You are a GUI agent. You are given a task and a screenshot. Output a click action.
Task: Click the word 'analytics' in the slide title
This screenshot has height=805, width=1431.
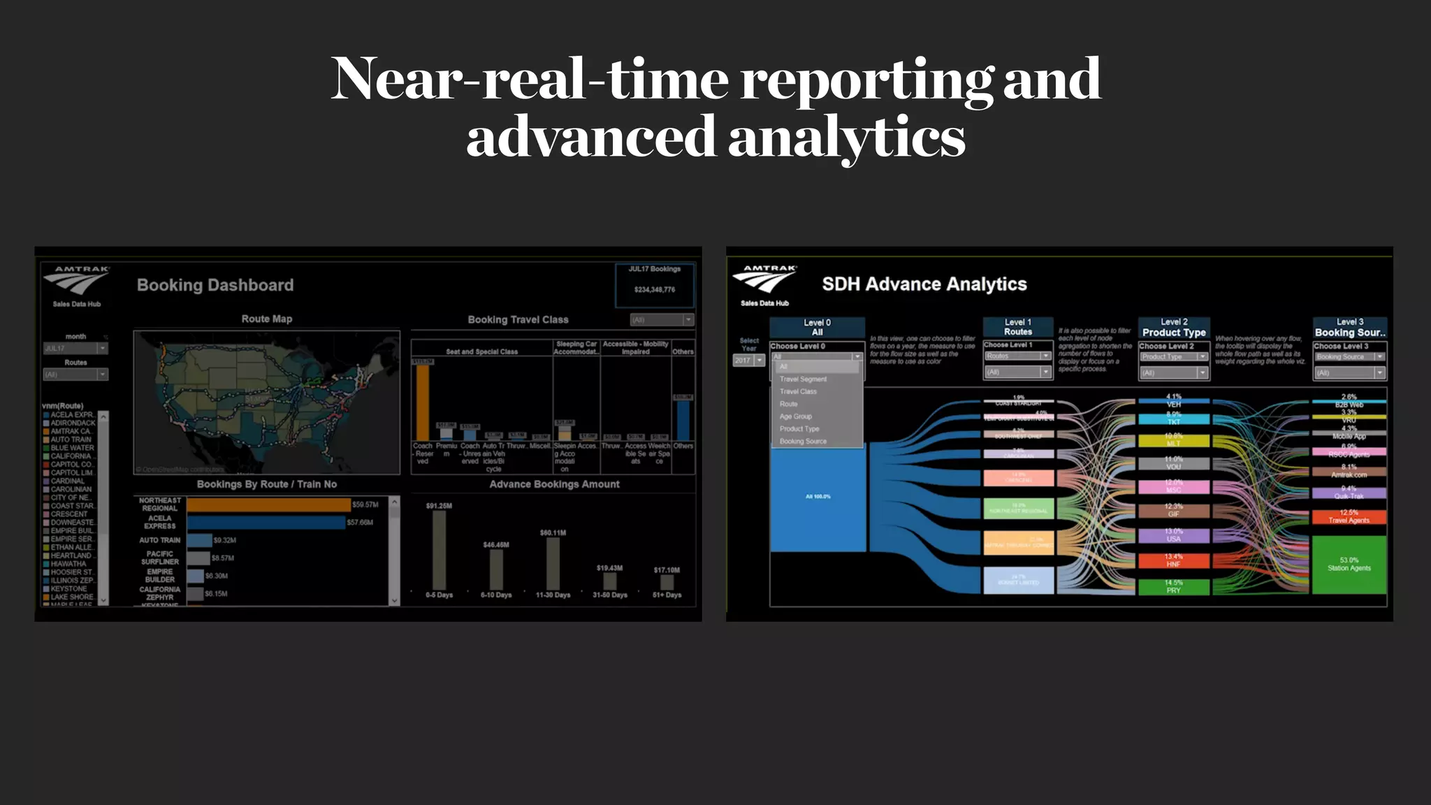coord(846,138)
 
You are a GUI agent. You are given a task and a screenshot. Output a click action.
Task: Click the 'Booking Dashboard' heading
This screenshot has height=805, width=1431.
coord(215,285)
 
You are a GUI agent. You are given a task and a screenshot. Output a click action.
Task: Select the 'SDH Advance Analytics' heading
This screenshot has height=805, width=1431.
coord(924,284)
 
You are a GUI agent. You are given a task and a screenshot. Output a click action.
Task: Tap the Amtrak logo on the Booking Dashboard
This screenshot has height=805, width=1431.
coord(78,282)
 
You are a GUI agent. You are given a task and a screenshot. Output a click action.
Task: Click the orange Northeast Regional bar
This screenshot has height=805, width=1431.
coord(268,505)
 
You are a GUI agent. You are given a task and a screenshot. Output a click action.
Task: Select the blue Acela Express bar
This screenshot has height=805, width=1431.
coord(266,523)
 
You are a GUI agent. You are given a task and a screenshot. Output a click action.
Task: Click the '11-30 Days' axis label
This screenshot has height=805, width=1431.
coord(553,595)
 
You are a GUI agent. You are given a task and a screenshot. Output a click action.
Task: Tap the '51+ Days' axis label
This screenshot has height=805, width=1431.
coord(667,595)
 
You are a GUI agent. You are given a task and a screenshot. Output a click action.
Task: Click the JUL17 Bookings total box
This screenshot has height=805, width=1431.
coord(654,285)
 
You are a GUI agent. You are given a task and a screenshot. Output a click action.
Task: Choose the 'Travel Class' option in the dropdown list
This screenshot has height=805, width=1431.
coord(798,392)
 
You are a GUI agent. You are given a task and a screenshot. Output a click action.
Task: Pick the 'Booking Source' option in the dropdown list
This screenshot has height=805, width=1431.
coord(803,442)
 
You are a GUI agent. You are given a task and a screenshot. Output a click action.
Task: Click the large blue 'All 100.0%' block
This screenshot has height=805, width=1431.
coord(818,497)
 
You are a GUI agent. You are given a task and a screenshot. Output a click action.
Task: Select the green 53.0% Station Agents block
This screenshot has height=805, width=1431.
coord(1349,565)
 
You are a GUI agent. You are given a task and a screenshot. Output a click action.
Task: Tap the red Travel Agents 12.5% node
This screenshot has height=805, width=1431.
coord(1349,517)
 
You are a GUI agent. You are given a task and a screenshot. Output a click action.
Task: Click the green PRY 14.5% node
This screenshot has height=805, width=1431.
coord(1173,587)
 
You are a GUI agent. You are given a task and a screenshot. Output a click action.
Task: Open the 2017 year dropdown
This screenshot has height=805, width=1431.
coord(749,361)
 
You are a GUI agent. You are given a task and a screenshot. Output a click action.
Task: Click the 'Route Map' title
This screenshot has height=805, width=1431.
coord(267,319)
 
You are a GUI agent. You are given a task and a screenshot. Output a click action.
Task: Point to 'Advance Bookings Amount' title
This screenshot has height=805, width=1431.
coord(554,484)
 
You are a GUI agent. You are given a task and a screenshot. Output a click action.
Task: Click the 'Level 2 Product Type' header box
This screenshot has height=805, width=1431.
coord(1174,328)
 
